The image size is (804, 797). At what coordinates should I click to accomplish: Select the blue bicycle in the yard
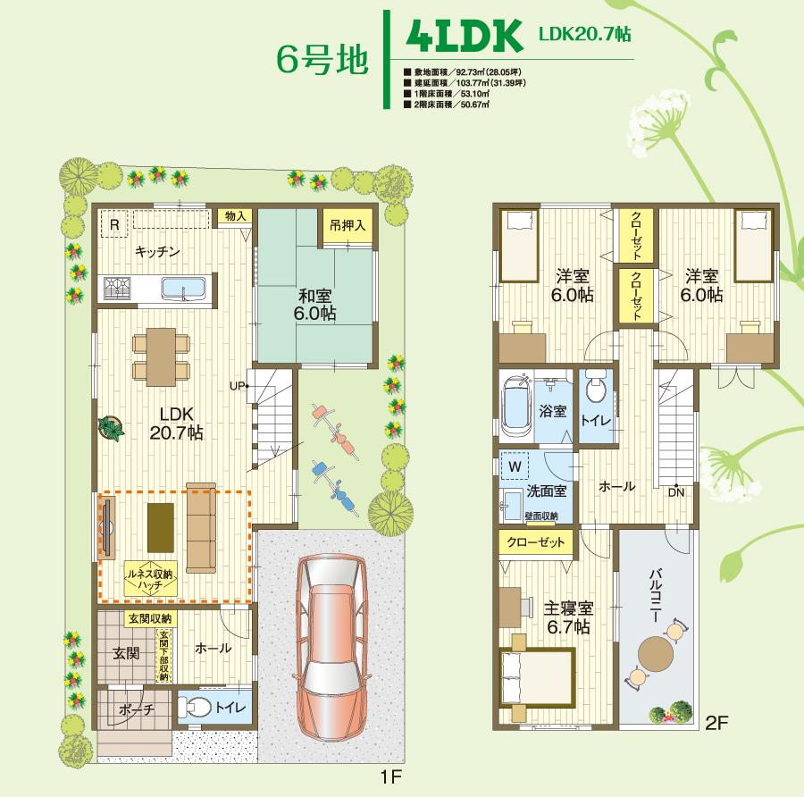[333, 482]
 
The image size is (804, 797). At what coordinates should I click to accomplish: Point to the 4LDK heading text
[463, 38]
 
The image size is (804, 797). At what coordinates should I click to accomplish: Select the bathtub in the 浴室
[517, 406]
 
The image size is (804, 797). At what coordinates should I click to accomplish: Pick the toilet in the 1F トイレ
[200, 709]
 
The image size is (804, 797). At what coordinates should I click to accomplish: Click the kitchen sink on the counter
[183, 288]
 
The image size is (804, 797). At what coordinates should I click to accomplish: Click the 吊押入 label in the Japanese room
[346, 225]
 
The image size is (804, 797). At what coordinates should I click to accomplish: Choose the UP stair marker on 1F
[237, 386]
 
